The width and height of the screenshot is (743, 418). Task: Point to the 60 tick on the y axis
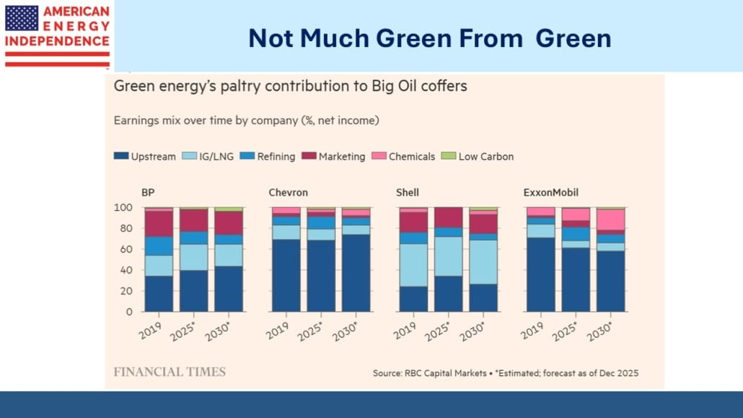tap(127, 249)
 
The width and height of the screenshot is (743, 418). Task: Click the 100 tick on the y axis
tap(124, 207)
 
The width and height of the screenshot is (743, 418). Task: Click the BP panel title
tap(149, 193)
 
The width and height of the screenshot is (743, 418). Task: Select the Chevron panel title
tap(288, 193)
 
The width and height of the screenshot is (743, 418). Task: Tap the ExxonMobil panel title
tap(550, 193)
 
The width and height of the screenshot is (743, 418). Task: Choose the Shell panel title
tap(408, 193)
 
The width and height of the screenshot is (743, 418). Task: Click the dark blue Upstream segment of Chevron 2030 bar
tap(356, 273)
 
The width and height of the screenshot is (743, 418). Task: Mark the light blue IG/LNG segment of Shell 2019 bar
tap(413, 265)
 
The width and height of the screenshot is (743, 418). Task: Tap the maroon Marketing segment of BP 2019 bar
tap(159, 224)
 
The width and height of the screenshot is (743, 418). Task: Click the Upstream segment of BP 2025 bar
tap(194, 291)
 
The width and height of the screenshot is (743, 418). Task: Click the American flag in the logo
tap(22, 18)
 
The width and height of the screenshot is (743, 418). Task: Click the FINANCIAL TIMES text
tap(170, 372)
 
